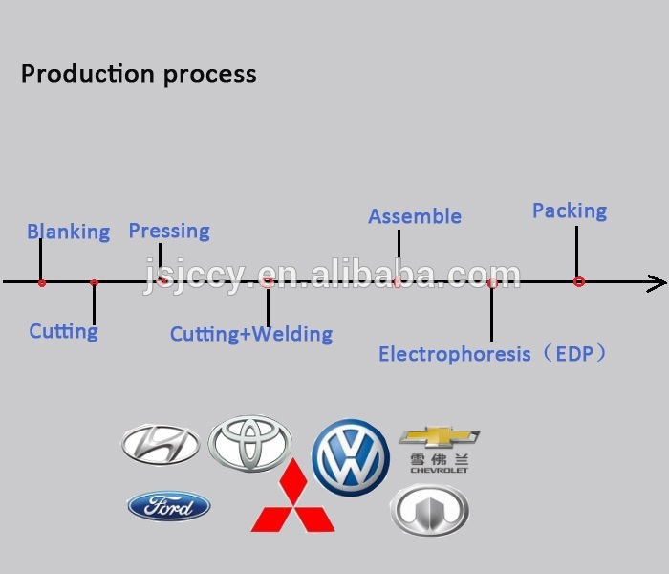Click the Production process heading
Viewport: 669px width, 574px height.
[x=139, y=74]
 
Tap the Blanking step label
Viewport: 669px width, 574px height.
[x=68, y=232]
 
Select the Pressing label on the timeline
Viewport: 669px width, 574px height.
[x=169, y=231]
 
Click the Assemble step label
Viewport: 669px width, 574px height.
[x=415, y=217]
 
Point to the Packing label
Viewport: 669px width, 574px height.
[x=570, y=210]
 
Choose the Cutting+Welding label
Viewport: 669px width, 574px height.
[x=251, y=334]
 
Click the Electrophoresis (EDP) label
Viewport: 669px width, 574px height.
[x=492, y=354]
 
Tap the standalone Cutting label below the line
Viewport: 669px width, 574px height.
[x=63, y=332]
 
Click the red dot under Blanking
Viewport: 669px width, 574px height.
[x=41, y=282]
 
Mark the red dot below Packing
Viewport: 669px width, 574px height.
[x=578, y=282]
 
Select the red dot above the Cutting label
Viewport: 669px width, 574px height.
[x=94, y=282]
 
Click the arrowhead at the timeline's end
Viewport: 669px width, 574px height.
[x=658, y=282]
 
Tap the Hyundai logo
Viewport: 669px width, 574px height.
[x=160, y=443]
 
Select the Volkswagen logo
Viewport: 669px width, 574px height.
[x=351, y=457]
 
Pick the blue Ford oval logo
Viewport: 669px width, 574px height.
[x=169, y=506]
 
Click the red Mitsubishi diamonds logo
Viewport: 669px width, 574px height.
[x=292, y=498]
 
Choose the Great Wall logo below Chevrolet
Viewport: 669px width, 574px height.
[x=429, y=510]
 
